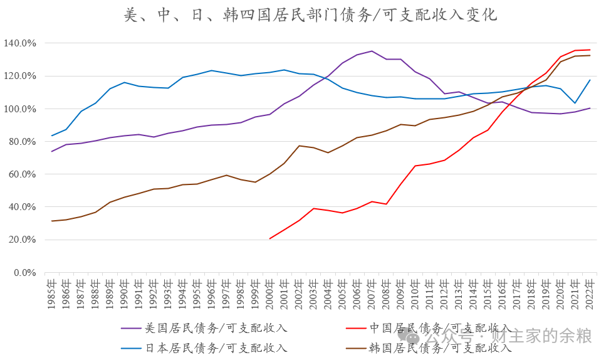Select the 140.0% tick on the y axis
20,43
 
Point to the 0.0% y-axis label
23,273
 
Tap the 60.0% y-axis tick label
22,174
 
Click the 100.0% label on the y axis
20,109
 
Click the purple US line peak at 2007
372,51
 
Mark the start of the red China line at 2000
269,239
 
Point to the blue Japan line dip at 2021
575,103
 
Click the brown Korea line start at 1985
51,221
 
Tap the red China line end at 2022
589,50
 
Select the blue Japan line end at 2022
589,80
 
